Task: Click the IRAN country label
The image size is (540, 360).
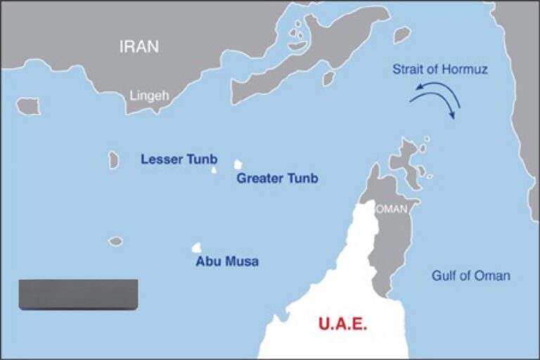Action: click(139, 47)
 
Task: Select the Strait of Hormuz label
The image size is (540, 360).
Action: click(440, 70)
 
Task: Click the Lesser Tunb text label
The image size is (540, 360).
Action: click(179, 159)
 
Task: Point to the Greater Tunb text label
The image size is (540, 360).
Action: click(277, 178)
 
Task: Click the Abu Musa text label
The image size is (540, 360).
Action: click(227, 262)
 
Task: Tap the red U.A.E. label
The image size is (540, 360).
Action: click(343, 325)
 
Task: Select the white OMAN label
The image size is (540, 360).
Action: click(392, 210)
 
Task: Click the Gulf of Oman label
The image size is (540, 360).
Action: click(471, 276)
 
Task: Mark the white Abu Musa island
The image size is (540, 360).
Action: click(197, 247)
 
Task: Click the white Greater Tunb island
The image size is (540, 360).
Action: click(238, 165)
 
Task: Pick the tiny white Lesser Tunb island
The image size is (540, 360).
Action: click(214, 169)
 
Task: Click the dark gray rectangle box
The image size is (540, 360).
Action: click(78, 294)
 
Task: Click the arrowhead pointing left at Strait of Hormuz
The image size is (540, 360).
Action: click(416, 88)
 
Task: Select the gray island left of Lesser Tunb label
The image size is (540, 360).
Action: click(113, 160)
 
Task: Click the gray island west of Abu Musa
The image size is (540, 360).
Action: click(115, 241)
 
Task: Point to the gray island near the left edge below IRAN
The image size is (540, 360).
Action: click(28, 106)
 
